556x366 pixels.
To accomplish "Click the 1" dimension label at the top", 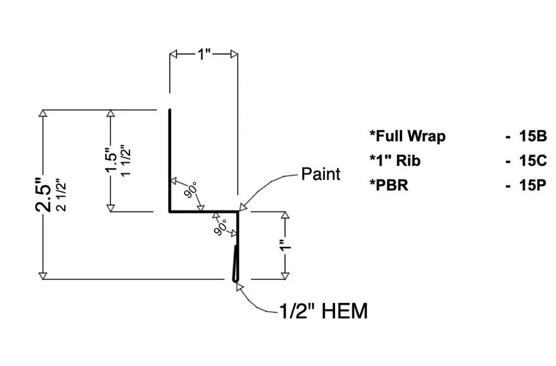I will (204, 55).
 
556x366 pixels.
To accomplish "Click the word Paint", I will (321, 174).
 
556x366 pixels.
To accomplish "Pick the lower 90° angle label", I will (220, 227).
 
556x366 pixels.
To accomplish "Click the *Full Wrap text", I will (407, 136).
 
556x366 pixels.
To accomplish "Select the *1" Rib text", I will (395, 160).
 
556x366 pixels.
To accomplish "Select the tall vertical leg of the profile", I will (170, 160).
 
